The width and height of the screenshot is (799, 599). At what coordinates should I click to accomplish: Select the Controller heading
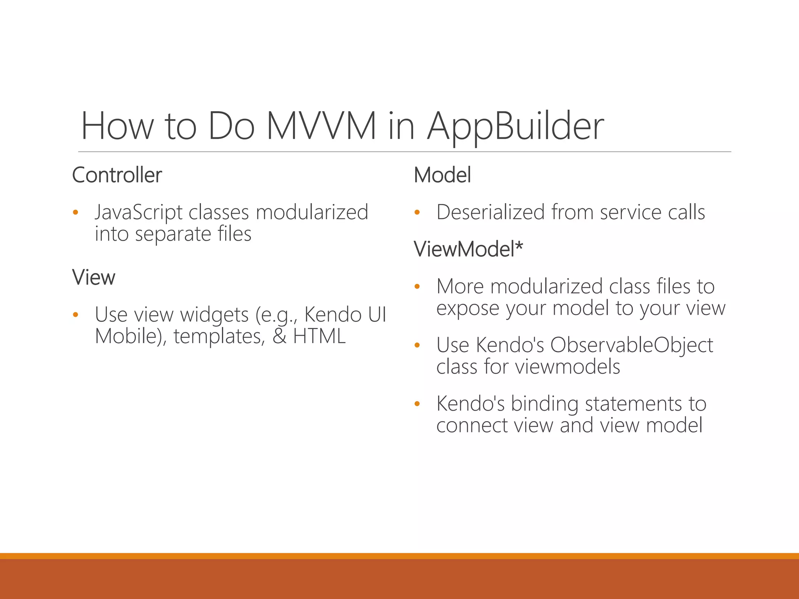[117, 175]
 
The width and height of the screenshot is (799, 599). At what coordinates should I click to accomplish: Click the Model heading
[442, 175]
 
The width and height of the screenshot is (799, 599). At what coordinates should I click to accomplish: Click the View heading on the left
[94, 277]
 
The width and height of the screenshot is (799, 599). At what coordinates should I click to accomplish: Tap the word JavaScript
[138, 213]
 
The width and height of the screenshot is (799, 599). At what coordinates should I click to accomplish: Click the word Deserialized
[490, 212]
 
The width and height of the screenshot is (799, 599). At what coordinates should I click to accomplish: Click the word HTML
[319, 336]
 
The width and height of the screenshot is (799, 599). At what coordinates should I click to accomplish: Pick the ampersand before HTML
[279, 336]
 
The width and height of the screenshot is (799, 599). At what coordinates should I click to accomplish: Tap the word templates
[219, 336]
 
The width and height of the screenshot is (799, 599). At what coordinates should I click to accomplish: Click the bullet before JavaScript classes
[76, 213]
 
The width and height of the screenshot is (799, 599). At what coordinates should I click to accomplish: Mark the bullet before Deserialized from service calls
[417, 213]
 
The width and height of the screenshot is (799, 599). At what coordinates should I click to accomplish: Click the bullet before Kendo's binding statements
[417, 404]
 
